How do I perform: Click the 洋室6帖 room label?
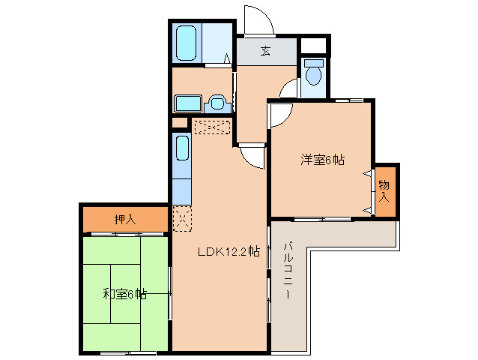coord(323,159)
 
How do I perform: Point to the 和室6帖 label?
coord(124,294)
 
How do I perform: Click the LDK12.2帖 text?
coord(228,252)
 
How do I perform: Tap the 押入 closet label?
coord(125,220)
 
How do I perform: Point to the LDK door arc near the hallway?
coord(252,155)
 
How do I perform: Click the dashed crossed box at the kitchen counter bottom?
coord(183,219)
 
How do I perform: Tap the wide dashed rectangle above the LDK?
coord(212,127)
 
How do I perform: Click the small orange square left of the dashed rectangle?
coord(180,123)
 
